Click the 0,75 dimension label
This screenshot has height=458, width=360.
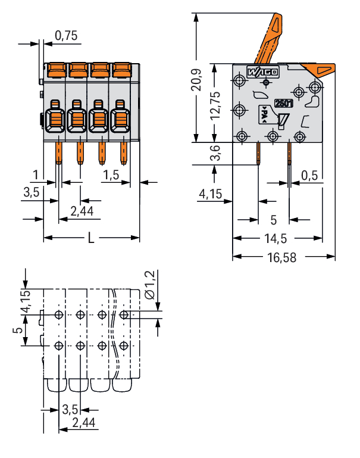click(65, 36)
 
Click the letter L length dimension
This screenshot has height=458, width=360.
click(90, 238)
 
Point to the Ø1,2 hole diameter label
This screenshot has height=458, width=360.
click(149, 285)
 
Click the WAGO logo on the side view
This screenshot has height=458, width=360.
click(262, 73)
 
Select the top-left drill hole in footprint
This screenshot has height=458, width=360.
click(58, 314)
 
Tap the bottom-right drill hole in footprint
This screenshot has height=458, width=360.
click(123, 345)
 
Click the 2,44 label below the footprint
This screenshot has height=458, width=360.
click(83, 423)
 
